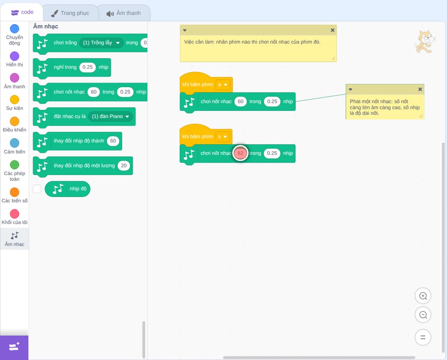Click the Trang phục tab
(70, 13)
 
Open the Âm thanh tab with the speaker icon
(124, 13)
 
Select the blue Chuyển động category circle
(15, 29)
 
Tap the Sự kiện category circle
(15, 100)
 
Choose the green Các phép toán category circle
(15, 165)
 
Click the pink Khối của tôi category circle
(15, 213)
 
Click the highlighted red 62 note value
(240, 153)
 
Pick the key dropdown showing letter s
(223, 137)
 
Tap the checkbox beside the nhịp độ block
(37, 189)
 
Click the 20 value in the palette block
(124, 165)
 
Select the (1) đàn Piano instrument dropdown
(110, 116)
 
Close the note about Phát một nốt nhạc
(420, 89)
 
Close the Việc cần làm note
(333, 30)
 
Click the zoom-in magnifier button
(423, 296)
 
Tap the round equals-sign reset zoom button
(423, 337)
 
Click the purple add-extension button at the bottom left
(14, 347)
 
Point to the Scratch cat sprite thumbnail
(425, 42)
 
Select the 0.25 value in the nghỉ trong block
(88, 67)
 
